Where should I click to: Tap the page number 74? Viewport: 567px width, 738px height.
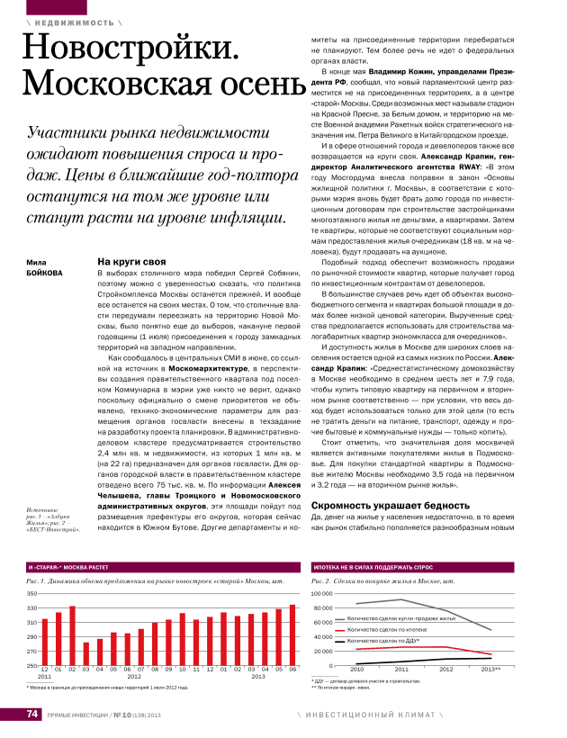pyautogui.click(x=31, y=715)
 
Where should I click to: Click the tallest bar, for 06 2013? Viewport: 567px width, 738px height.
pyautogui.click(x=292, y=635)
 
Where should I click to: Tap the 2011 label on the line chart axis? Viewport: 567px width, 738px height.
pyautogui.click(x=401, y=670)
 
